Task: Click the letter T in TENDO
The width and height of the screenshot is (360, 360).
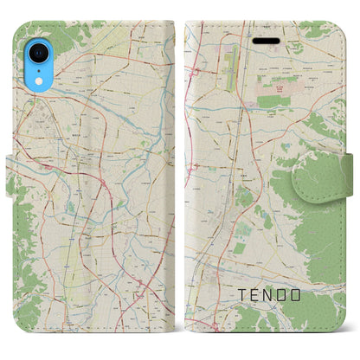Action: click(x=241, y=296)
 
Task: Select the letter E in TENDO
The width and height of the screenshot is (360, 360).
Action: click(x=258, y=296)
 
